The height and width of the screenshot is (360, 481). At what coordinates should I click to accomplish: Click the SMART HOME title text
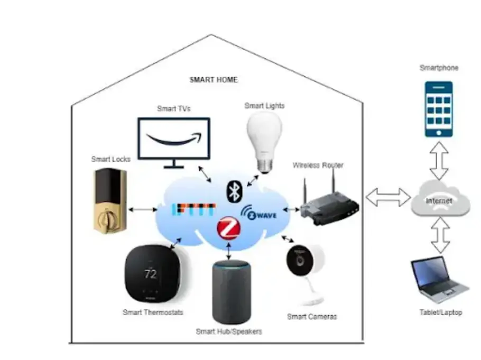[213, 80]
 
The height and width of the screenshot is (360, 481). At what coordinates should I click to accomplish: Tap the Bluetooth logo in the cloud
[233, 191]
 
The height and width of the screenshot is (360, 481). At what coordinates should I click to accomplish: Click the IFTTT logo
[193, 210]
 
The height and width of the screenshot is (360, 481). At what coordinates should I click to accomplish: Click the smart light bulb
[265, 137]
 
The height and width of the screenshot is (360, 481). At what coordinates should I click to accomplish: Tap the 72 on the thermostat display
[151, 274]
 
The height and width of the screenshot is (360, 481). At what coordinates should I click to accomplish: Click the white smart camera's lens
[299, 260]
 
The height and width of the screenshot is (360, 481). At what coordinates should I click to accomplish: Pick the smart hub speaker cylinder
[229, 292]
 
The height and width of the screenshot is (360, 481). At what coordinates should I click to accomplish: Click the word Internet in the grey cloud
[439, 201]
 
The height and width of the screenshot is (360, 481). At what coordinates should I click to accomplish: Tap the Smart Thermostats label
[153, 312]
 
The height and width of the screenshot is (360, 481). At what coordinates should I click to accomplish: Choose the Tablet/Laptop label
[440, 312]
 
